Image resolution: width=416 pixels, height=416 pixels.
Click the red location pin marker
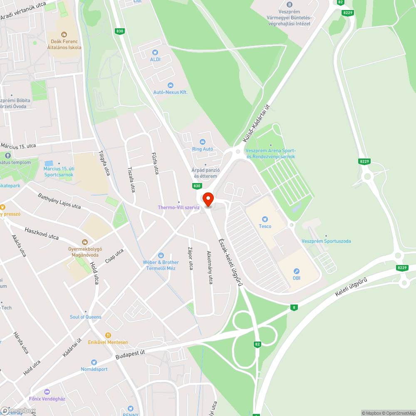tap(207, 199)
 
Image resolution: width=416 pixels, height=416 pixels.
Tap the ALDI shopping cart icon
tap(155, 52)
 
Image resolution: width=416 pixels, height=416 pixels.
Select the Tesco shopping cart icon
tap(265, 219)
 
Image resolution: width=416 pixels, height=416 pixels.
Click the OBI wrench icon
tap(297, 271)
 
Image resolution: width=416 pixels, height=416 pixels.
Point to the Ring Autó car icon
tap(203, 142)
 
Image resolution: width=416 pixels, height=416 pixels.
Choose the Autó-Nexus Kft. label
tap(170, 92)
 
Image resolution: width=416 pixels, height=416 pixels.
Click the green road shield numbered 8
tap(295, 307)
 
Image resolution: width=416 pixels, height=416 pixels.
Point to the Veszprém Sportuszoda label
tap(326, 241)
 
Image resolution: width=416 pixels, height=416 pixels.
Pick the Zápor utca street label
tap(191, 259)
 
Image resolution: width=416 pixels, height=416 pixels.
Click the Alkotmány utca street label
tap(210, 267)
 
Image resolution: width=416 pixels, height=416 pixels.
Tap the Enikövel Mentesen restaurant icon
tap(108, 335)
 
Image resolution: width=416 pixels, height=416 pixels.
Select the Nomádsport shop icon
tap(94, 362)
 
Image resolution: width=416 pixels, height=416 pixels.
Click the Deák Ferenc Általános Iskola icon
tap(64, 35)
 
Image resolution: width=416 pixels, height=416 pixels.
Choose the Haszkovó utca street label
tap(42, 233)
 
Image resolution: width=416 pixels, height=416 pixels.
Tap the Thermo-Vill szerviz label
tap(179, 207)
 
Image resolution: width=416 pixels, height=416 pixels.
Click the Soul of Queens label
tap(85, 317)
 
